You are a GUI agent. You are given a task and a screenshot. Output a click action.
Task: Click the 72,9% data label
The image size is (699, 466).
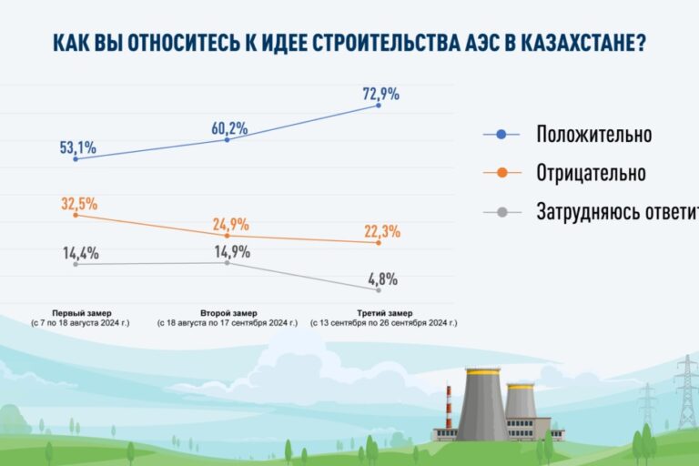coord(380,94)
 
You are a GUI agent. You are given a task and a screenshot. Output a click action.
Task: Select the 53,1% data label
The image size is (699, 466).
coord(78,147)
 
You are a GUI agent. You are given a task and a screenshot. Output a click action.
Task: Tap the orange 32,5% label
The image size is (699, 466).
coord(79,203)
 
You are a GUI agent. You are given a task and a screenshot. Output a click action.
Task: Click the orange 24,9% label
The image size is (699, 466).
coord(230,224)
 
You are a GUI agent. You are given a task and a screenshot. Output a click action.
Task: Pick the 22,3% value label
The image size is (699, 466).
coord(380,229)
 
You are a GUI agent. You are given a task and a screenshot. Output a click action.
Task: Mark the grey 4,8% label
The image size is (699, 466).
coord(382,279)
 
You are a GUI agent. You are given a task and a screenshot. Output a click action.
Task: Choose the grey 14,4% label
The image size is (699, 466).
coord(81,253)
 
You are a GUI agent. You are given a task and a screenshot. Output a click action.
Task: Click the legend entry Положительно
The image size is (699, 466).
coord(593,135)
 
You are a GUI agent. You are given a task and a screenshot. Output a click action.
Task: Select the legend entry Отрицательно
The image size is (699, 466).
coord(591,173)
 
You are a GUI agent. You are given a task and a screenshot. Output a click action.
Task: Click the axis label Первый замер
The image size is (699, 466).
coord(77,312)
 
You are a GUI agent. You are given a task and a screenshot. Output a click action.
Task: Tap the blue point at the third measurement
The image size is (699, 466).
coord(379,106)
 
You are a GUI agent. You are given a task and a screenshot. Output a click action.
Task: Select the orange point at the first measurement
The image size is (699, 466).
coord(76,215)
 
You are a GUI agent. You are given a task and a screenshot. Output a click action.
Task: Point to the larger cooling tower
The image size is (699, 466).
coord(481,404)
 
